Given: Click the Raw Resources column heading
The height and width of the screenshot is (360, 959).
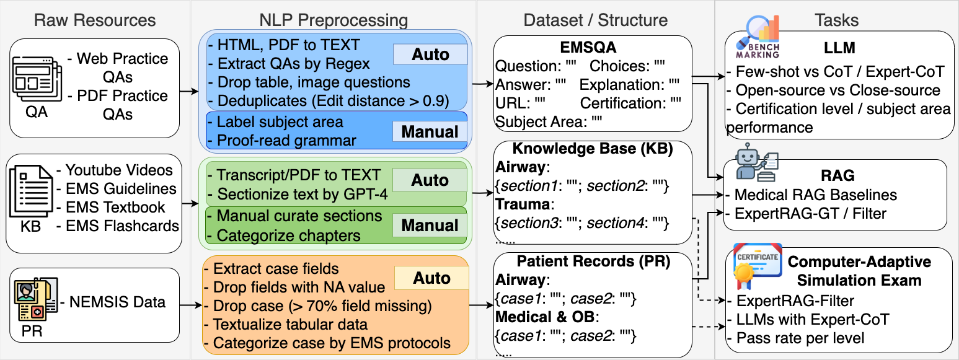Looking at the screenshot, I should pyautogui.click(x=95, y=20).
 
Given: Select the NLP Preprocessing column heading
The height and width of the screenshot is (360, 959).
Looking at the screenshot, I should pyautogui.click(x=333, y=20).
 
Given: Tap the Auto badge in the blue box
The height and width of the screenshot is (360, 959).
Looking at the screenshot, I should pyautogui.click(x=430, y=55).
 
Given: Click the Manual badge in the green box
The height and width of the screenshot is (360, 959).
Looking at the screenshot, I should pyautogui.click(x=430, y=226).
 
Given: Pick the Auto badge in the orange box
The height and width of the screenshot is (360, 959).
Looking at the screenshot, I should pyautogui.click(x=431, y=279).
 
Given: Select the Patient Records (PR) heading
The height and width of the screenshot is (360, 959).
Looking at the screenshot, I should pyautogui.click(x=593, y=261).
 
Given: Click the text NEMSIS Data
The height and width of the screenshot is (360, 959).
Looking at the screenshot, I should pyautogui.click(x=117, y=302).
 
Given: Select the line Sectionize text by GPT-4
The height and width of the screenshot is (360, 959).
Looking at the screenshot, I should pyautogui.click(x=302, y=194).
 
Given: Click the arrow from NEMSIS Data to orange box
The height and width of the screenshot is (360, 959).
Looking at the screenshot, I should pyautogui.click(x=190, y=305).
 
